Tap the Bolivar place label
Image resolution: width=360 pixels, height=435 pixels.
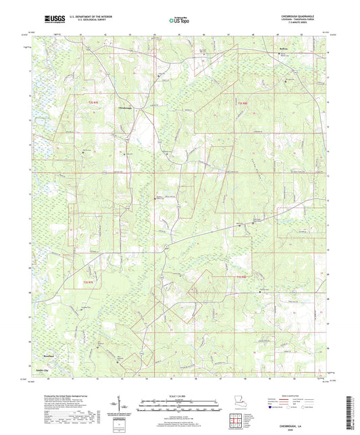point(265,49)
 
